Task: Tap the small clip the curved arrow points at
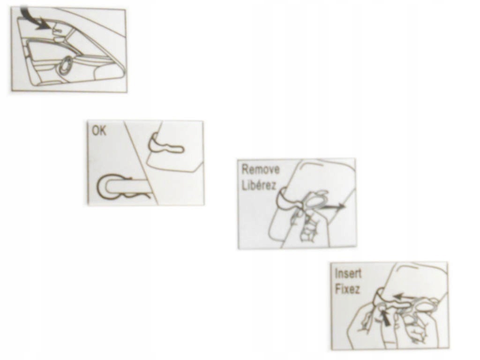pyautogui.click(x=58, y=30)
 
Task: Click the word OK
pyautogui.click(x=99, y=130)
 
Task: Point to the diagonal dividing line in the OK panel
pyautogui.click(x=142, y=162)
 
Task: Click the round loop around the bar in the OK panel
pyautogui.click(x=104, y=187)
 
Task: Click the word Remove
pyautogui.click(x=261, y=169)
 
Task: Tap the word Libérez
pyautogui.click(x=259, y=185)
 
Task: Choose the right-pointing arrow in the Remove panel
pyautogui.click(x=332, y=207)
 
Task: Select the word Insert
pyautogui.click(x=348, y=273)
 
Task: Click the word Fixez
pyautogui.click(x=347, y=289)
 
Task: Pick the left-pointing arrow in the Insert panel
pyautogui.click(x=404, y=296)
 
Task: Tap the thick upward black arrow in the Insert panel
pyautogui.click(x=386, y=319)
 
